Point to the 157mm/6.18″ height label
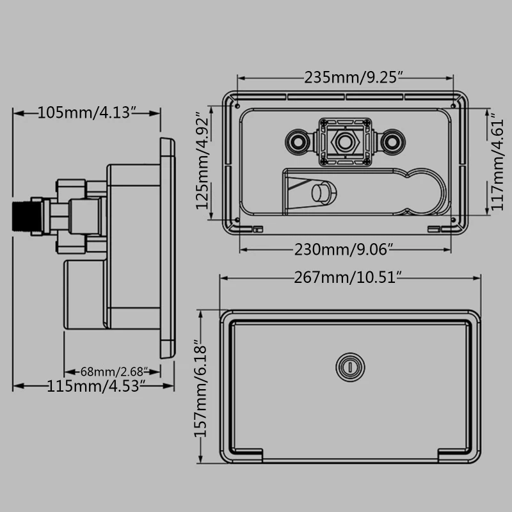tap(201, 388)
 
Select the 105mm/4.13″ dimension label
tap(88, 113)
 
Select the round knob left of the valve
tap(298, 140)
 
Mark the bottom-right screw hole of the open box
tap(454, 221)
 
